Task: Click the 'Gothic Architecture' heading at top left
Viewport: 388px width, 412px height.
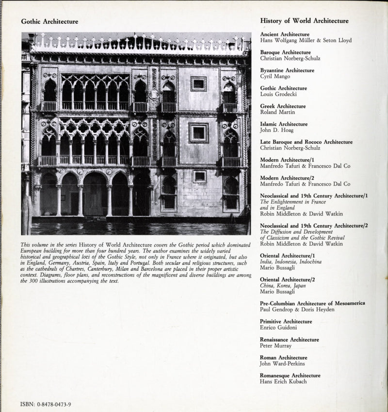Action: click(x=49, y=21)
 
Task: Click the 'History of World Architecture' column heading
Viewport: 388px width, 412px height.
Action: click(x=304, y=21)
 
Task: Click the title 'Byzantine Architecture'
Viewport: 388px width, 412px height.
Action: click(x=287, y=70)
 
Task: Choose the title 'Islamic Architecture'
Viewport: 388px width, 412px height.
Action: click(x=284, y=124)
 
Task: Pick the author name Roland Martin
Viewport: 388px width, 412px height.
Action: click(x=277, y=113)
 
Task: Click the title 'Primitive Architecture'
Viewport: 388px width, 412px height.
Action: click(x=286, y=321)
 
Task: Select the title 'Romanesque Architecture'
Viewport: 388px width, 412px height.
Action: click(x=290, y=375)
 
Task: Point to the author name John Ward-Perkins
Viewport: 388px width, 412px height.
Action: click(x=283, y=364)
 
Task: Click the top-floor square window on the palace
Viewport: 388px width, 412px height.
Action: click(x=198, y=83)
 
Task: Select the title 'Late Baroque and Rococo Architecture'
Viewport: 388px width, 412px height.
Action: click(x=306, y=142)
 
